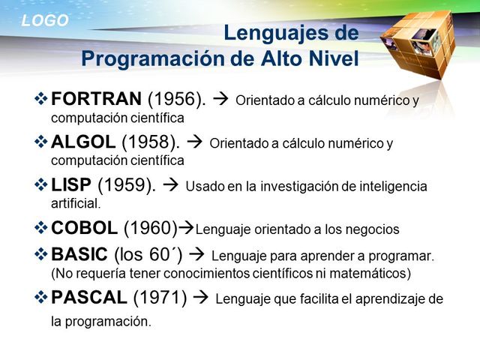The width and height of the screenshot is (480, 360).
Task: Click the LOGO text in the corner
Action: tap(44, 21)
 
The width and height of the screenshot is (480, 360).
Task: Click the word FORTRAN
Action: tap(95, 99)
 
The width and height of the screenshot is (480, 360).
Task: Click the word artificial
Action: tap(75, 203)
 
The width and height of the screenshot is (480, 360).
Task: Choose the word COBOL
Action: tap(84, 228)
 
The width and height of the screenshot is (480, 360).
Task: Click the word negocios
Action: tap(373, 229)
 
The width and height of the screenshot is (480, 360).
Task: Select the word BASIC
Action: tap(79, 255)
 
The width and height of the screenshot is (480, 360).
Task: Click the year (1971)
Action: tap(160, 298)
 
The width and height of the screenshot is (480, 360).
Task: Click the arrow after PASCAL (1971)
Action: tap(200, 298)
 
